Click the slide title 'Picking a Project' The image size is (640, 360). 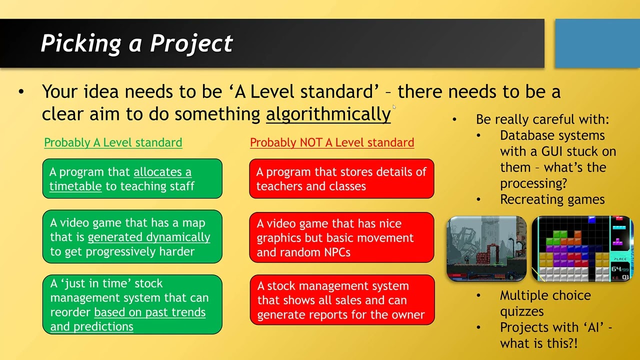[x=136, y=43]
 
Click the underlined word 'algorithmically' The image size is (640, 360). [x=328, y=114]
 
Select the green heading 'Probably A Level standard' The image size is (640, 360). [x=113, y=142]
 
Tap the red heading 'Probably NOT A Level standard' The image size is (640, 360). [x=332, y=142]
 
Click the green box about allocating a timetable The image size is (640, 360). [x=132, y=178]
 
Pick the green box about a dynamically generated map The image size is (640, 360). [x=132, y=237]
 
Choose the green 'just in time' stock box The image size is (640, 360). [x=132, y=304]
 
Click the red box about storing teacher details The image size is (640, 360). [x=341, y=178]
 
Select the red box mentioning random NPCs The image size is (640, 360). [x=341, y=237]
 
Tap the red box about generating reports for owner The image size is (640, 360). [x=341, y=300]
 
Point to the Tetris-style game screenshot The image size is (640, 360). [x=582, y=248]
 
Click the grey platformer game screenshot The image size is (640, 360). [x=486, y=248]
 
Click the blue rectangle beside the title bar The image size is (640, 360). [x=597, y=43]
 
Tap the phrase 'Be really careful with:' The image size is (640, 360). [x=542, y=119]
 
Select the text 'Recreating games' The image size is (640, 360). [x=552, y=199]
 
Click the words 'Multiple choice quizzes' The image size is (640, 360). [x=545, y=303]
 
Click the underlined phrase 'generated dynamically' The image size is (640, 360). [x=149, y=237]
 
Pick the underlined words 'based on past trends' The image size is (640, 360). [x=149, y=312]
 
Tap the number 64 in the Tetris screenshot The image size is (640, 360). [x=616, y=269]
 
